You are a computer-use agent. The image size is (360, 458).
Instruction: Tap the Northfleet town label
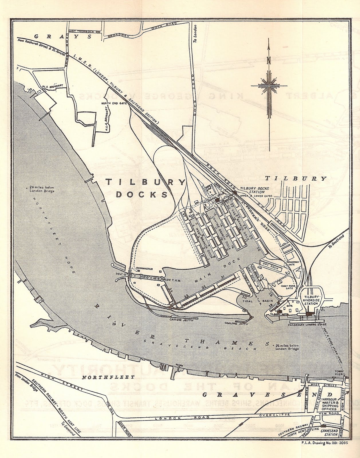pos(100,378)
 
